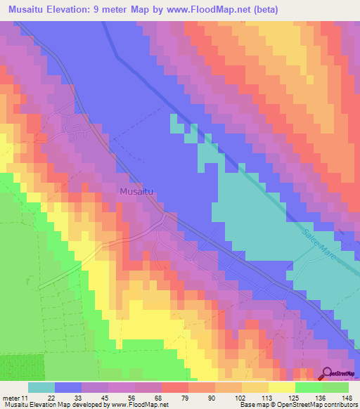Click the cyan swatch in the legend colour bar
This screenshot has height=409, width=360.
pos(41,387)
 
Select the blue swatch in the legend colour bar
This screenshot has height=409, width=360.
pos(68,387)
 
